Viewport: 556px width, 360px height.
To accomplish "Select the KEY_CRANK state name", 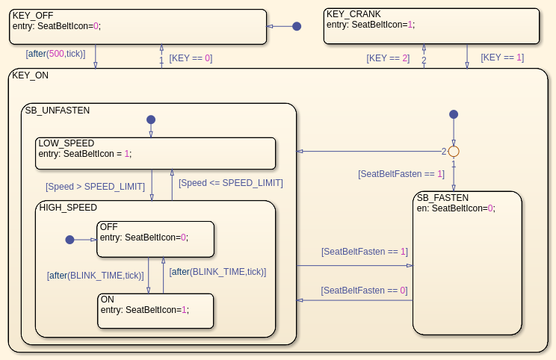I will (353, 14).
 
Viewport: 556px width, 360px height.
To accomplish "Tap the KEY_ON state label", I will (31, 75).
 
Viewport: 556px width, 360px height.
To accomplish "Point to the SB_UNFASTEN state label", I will (58, 110).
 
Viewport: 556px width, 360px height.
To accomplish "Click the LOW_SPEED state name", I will (67, 143).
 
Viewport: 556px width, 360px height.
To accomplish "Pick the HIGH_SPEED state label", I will (68, 207).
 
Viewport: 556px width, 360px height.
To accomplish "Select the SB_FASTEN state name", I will (443, 198).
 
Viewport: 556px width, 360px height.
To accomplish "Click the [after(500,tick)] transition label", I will (55, 54).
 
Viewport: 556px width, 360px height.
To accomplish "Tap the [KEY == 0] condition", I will (191, 58).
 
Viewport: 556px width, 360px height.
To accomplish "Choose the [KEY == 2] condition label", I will (388, 58).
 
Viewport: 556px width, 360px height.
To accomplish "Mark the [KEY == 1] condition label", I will (502, 58).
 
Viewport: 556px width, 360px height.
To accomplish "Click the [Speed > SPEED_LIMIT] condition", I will (95, 186).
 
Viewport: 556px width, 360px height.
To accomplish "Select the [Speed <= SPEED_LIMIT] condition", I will (230, 182).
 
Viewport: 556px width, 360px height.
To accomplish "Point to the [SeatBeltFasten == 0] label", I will (364, 290).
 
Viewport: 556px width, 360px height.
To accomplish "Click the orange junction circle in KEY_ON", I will (453, 151).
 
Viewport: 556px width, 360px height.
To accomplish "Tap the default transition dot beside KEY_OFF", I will (297, 26).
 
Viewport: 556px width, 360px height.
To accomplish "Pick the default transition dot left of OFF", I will (69, 240).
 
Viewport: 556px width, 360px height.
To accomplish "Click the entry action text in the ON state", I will (144, 310).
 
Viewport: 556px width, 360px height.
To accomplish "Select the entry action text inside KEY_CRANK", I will (370, 25).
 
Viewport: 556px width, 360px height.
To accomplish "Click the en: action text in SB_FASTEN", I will (456, 208).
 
